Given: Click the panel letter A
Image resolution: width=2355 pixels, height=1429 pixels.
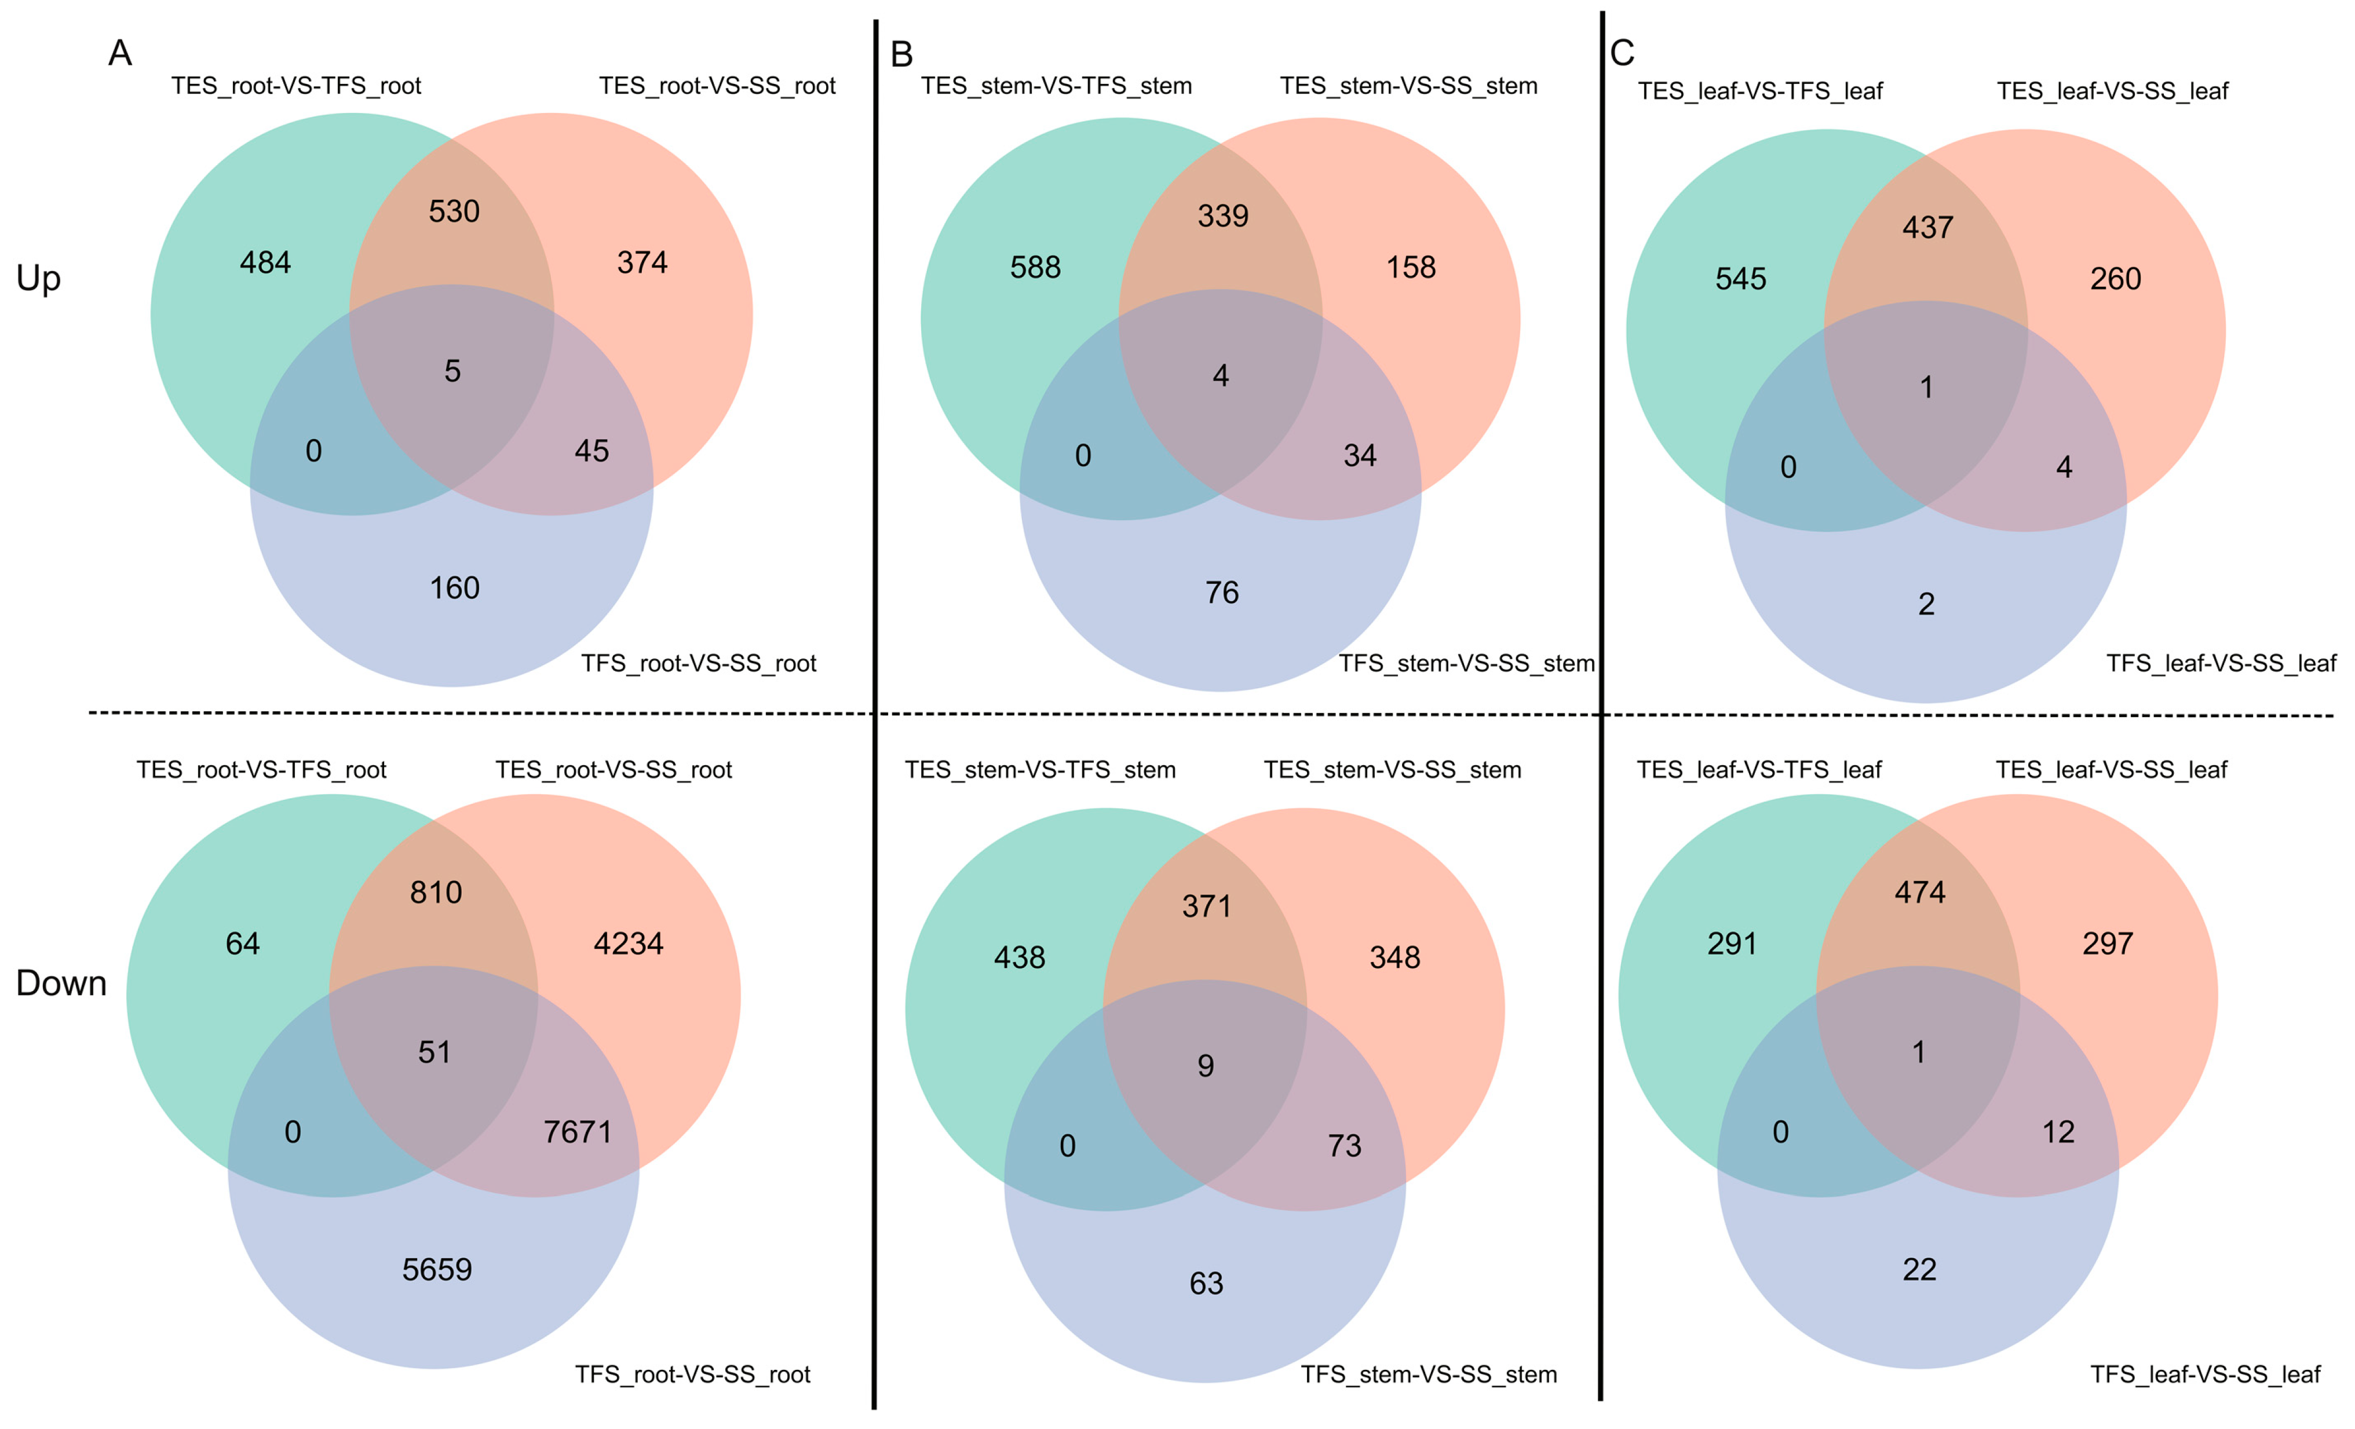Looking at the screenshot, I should [x=119, y=53].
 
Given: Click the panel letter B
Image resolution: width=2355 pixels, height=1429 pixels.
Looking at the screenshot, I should [x=901, y=56].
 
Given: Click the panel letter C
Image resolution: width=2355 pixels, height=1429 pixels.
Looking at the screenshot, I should [x=1622, y=53].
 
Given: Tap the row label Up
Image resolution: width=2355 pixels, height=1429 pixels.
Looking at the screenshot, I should [x=38, y=278].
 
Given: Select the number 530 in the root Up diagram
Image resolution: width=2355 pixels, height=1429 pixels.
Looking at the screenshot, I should [x=454, y=211].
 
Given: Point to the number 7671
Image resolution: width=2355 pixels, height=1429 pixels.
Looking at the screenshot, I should [x=577, y=1132].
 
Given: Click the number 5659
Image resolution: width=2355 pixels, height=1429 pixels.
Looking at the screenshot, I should [x=437, y=1269].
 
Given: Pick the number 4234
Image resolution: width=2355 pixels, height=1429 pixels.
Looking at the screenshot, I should [x=628, y=944].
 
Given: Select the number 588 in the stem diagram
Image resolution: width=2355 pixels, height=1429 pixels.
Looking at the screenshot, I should [x=1035, y=268].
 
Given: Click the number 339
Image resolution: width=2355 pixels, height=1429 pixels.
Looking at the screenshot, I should [x=1222, y=216].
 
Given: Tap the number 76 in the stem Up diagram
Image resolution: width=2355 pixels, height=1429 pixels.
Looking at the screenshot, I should [x=1221, y=593].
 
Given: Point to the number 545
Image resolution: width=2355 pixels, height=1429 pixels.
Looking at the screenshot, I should [x=1740, y=279].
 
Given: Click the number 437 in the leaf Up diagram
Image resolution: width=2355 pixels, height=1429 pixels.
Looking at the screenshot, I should [x=1927, y=228].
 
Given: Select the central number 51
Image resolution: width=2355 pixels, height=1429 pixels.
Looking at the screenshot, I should [x=434, y=1052].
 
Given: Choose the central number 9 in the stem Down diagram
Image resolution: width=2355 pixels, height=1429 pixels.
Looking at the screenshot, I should [x=1205, y=1066].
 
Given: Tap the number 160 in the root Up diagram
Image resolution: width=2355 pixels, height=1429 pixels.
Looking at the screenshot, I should [x=454, y=588].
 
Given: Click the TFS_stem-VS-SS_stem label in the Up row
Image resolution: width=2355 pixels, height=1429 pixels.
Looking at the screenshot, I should [x=1466, y=663].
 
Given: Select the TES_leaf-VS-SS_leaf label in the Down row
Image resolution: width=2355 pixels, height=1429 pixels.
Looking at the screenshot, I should [x=2111, y=769].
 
